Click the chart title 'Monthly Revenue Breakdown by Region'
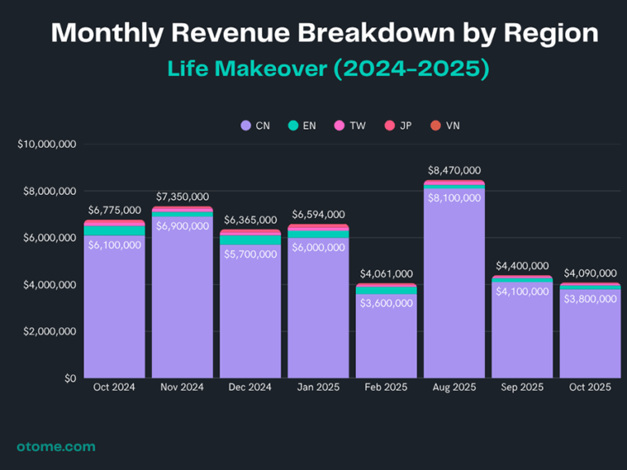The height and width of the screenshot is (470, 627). pos(325,33)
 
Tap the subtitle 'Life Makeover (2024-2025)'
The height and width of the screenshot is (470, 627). pos(328,68)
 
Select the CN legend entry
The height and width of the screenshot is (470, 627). pos(256,126)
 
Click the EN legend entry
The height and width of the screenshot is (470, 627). pos(302,126)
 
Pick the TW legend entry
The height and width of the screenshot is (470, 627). pos(349,126)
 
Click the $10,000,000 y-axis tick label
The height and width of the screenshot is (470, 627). pos(47,144)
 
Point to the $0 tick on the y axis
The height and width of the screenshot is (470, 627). pos(70,379)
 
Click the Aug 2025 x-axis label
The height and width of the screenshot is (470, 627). pos(454,387)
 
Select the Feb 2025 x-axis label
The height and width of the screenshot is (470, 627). pos(385,387)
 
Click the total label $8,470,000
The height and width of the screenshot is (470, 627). pos(454,171)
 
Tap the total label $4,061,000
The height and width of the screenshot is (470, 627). pos(385,274)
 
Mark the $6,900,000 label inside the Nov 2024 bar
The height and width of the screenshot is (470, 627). pos(182,225)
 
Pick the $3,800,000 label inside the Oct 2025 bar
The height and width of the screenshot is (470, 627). pos(590,299)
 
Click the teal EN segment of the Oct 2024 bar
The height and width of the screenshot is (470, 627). pos(114,231)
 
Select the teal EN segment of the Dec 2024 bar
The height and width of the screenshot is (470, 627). pos(250,240)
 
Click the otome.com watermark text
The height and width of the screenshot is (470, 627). pos(56,446)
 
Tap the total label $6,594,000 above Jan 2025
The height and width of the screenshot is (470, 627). pos(318,215)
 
